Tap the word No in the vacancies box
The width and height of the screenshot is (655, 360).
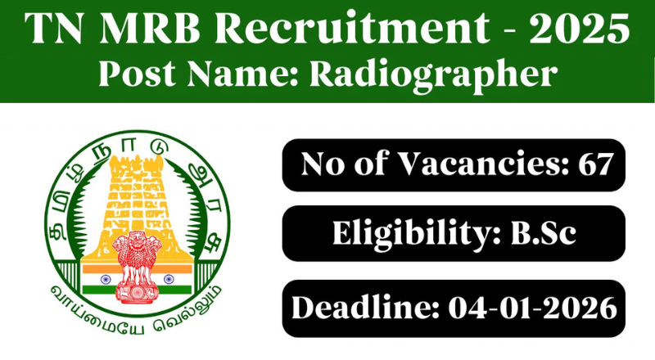[x=322, y=165]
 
